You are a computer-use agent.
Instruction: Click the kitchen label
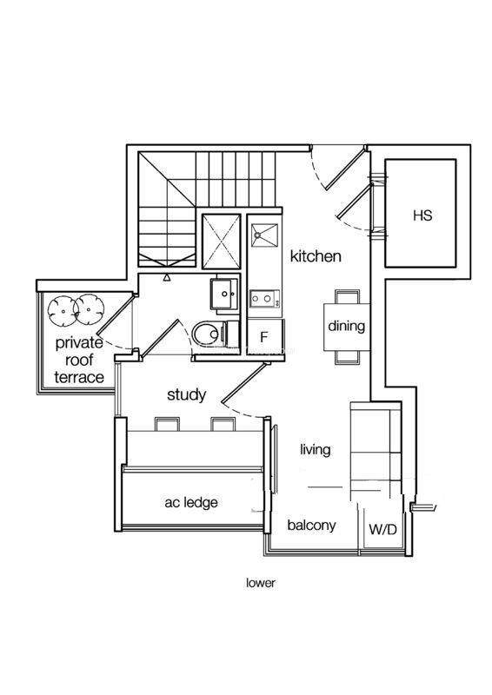[x=316, y=256]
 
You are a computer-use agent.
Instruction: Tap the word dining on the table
[x=347, y=327]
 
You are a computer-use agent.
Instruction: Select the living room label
[x=315, y=450]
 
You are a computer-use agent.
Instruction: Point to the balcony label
[x=311, y=526]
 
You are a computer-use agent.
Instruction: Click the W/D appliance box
[x=382, y=529]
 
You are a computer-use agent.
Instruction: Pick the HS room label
[x=422, y=215]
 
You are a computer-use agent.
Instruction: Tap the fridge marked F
[x=265, y=337]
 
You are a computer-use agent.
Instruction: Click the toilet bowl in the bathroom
[x=207, y=334]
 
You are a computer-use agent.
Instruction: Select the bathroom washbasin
[x=224, y=294]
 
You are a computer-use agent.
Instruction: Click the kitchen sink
[x=264, y=235]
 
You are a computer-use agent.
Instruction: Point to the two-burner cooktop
[x=264, y=299]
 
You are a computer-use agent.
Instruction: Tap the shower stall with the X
[x=222, y=242]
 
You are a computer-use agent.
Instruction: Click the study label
[x=186, y=395]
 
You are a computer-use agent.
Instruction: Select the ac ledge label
[x=191, y=503]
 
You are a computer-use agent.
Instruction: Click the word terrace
[x=79, y=378]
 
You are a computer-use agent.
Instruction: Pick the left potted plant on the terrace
[x=62, y=311]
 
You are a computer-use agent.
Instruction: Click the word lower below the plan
[x=261, y=583]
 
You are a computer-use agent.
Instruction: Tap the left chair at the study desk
[x=167, y=424]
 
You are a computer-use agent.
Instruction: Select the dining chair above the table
[x=348, y=296]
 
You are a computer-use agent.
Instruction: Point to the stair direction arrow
[x=167, y=278]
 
